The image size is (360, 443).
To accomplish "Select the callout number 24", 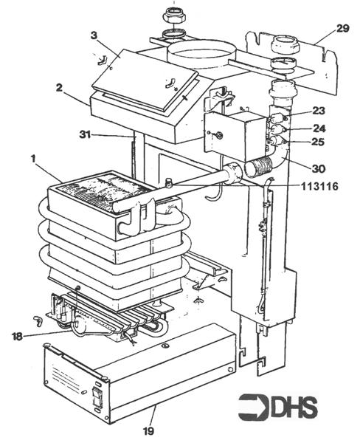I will coord(318,128).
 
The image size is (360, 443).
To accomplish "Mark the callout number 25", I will coord(318,141).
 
